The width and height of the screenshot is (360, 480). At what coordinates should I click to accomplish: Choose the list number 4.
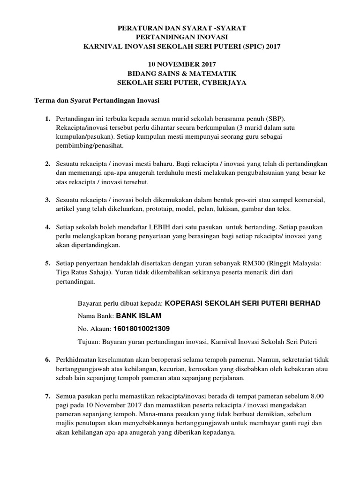click(47, 227)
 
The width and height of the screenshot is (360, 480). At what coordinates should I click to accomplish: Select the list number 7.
click(47, 397)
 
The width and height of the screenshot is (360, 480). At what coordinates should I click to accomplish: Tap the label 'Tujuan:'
click(88, 341)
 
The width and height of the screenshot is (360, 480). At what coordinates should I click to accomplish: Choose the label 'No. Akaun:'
click(94, 329)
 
